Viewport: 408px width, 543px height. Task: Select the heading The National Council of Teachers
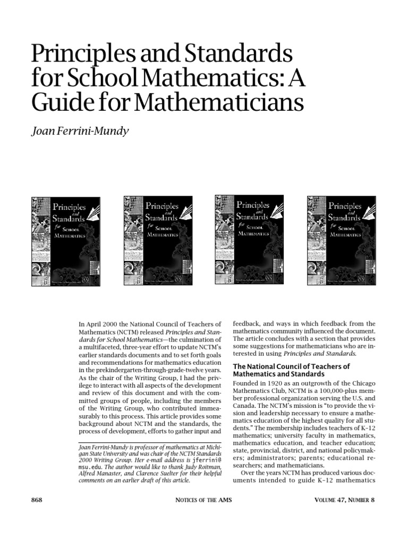point(292,366)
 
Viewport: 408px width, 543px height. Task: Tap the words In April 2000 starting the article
point(100,324)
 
